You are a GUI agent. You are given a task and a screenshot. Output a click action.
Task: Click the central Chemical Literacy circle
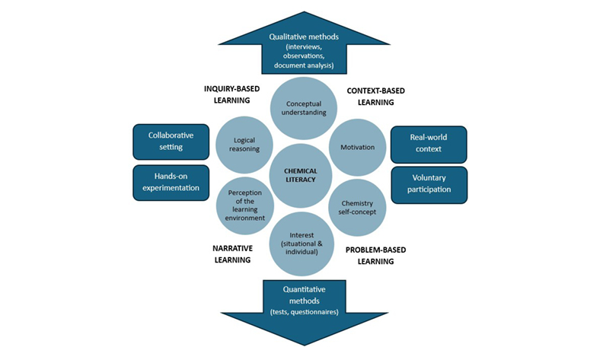coord(301,175)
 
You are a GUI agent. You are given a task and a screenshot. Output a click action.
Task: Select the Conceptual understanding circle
coord(301,107)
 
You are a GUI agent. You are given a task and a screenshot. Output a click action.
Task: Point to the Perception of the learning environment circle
coord(245,204)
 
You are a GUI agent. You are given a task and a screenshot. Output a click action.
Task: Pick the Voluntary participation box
coord(429,185)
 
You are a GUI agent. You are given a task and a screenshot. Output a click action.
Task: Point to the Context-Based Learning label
coord(375,96)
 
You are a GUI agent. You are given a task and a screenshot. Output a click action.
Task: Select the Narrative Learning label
coord(231,253)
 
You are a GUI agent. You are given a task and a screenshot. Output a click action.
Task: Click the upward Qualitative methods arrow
coord(301,46)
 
